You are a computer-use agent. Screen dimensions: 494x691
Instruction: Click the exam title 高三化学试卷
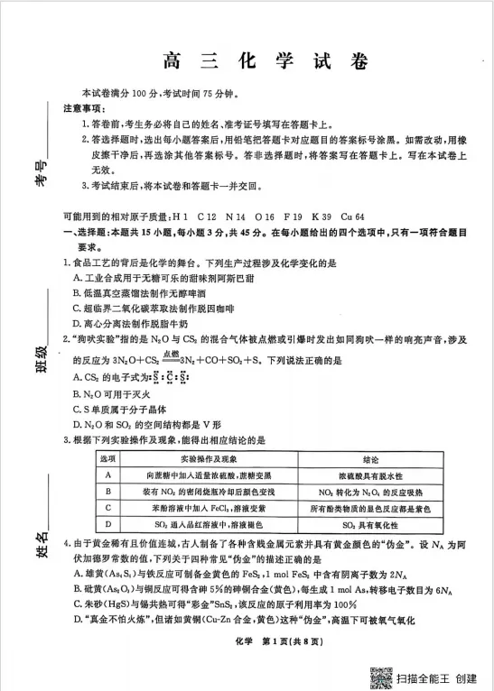[266, 61]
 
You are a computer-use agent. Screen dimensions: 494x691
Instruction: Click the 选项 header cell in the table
[108, 458]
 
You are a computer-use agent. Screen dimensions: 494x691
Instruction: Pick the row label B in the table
[108, 491]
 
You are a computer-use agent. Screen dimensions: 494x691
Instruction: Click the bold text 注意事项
[82, 107]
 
